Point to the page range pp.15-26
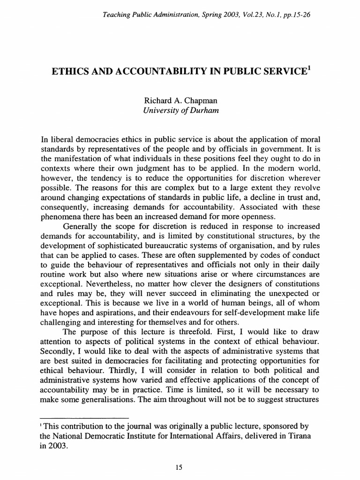[x=293, y=15]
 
